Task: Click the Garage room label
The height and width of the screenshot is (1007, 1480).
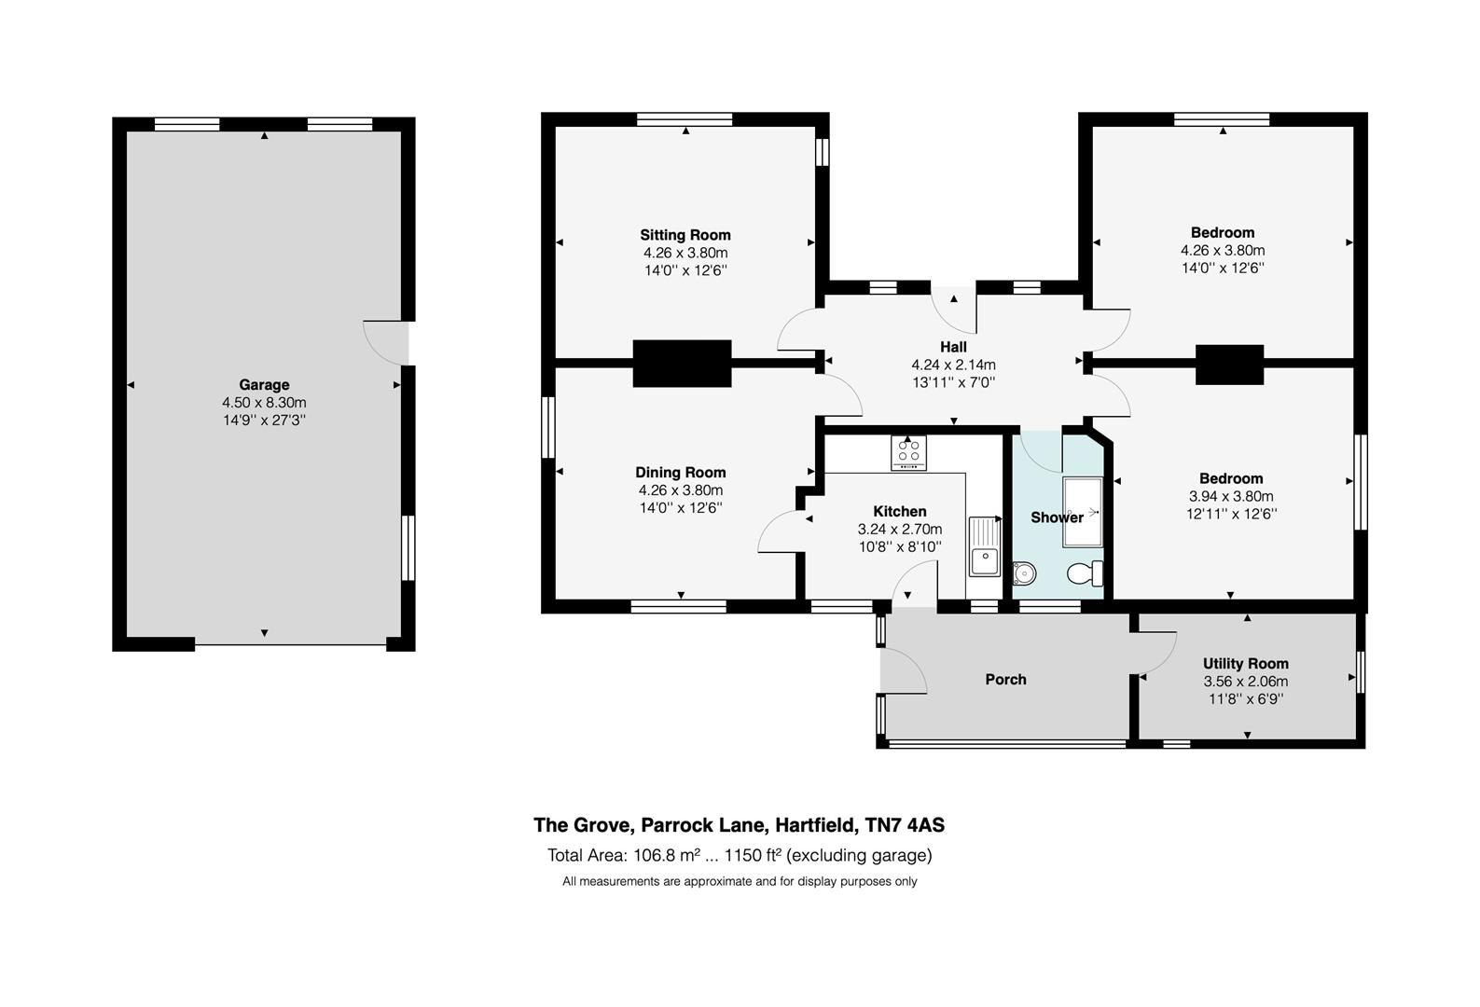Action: [264, 384]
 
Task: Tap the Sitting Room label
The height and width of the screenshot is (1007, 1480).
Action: [685, 235]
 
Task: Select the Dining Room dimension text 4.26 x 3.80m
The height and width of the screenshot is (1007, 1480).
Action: [680, 490]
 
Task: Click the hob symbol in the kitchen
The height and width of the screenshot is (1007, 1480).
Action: [908, 453]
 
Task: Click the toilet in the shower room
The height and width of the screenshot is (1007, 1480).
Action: [1086, 572]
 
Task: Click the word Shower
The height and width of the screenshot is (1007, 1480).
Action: [1056, 517]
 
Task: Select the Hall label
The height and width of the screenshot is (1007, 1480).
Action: [953, 347]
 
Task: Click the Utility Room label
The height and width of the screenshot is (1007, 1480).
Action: [1245, 664]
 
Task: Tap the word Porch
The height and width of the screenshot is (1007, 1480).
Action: [1005, 680]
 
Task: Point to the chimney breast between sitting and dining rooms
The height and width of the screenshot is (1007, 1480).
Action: [682, 363]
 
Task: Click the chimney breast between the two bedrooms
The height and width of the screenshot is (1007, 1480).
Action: [1229, 364]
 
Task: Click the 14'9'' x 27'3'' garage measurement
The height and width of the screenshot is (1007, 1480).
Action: [264, 420]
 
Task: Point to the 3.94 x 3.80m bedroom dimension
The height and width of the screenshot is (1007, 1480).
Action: [1230, 496]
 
